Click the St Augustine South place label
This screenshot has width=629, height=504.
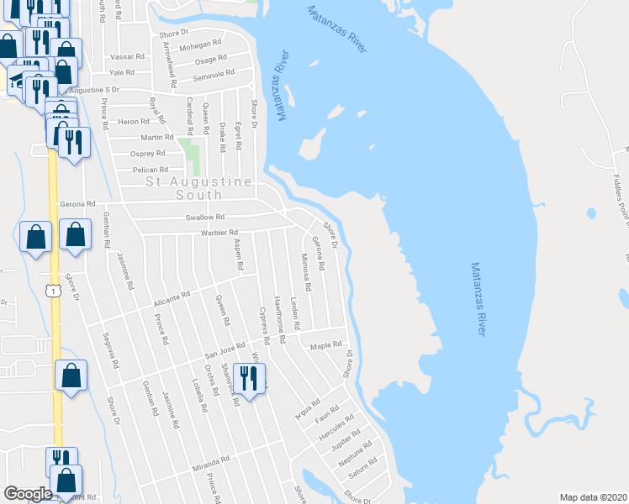point(199,187)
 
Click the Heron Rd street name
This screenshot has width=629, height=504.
point(134,122)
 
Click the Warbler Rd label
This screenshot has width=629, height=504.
point(219,233)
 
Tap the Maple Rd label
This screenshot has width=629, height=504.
point(326,344)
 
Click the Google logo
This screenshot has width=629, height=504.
point(28,494)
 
